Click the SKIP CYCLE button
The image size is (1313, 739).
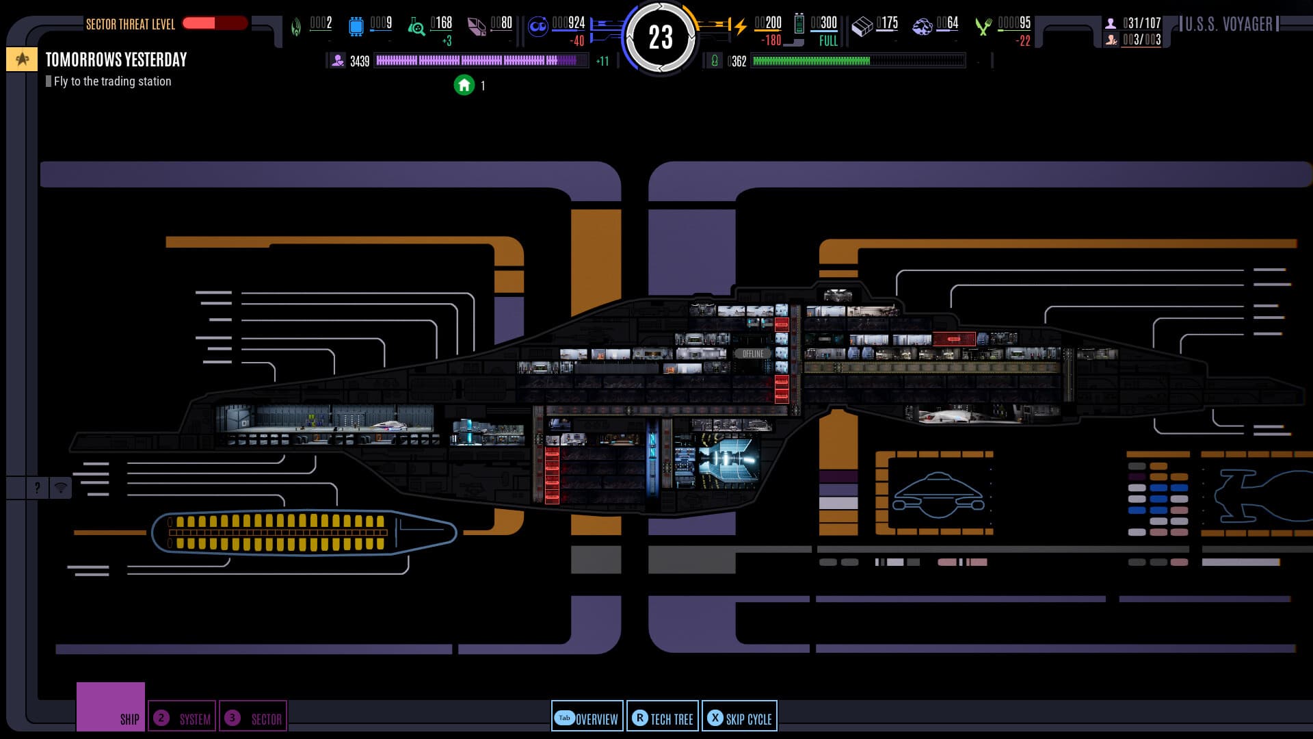[x=739, y=718]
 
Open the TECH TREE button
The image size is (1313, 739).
[x=663, y=718]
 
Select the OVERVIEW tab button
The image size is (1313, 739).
[x=587, y=718]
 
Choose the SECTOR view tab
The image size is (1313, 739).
[x=253, y=718]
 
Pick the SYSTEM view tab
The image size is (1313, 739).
[x=182, y=718]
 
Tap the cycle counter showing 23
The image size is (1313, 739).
[x=660, y=38]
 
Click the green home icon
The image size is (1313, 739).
[x=464, y=85]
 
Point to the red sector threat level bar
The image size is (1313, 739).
[x=214, y=23]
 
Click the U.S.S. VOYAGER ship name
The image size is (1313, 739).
[x=1228, y=25]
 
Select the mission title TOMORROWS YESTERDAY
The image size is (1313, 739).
[x=116, y=60]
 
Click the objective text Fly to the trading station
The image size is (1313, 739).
[x=112, y=81]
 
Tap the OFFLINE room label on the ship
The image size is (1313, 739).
[x=752, y=354]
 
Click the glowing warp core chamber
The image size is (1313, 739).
[x=728, y=461]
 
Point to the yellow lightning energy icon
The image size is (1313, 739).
[x=740, y=27]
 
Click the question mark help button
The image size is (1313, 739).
[x=37, y=488]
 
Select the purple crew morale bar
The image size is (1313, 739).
[x=479, y=61]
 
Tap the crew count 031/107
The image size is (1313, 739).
[x=1141, y=23]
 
